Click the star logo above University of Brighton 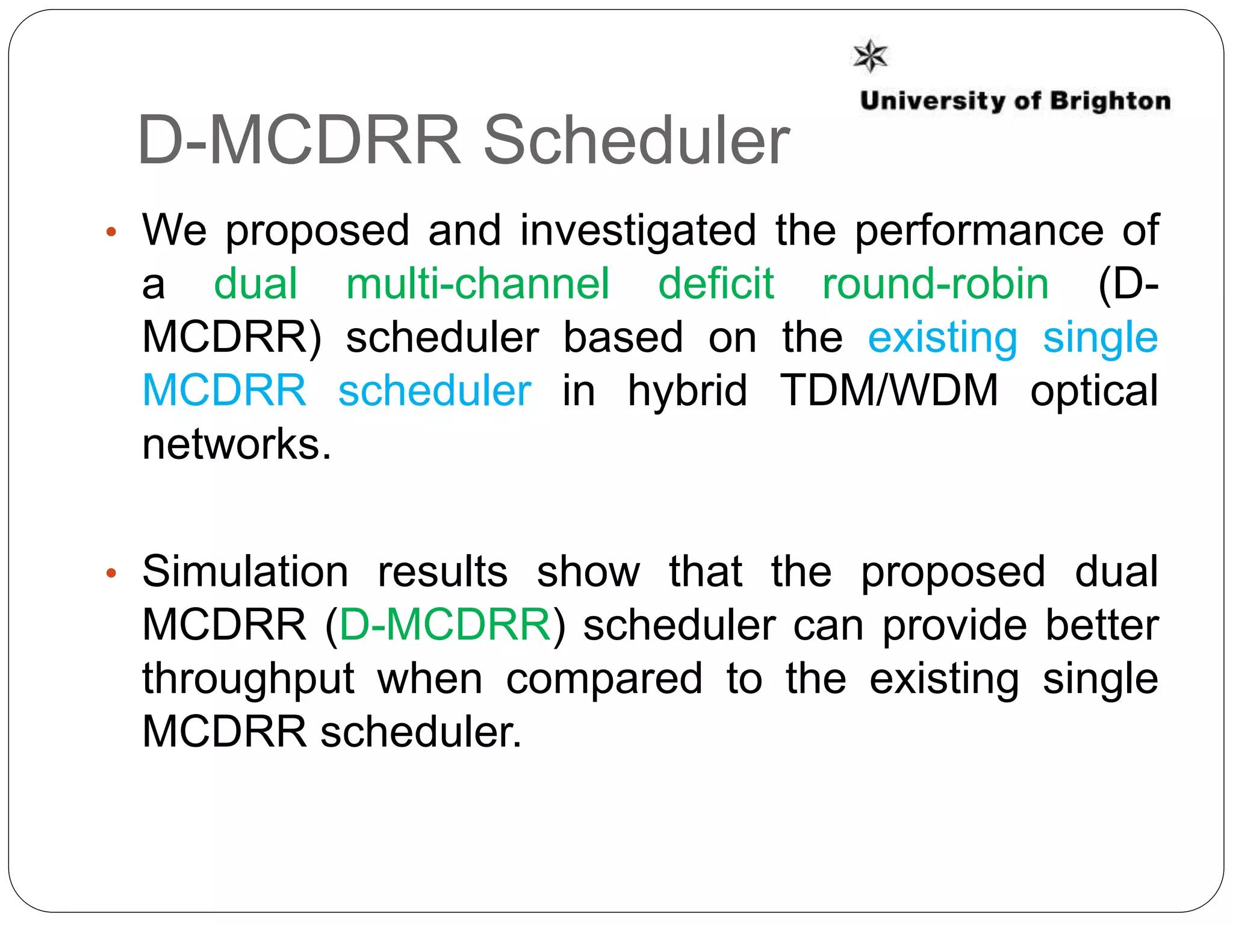pos(871,56)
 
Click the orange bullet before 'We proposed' pos(111,232)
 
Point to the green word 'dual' pos(256,284)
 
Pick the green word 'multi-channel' pos(478,284)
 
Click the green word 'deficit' pos(716,284)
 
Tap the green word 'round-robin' pos(936,284)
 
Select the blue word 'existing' pos(942,338)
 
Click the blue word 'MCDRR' pos(225,391)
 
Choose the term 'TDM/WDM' pos(889,391)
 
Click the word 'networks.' pos(237,444)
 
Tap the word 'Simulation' pos(245,572)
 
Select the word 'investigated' pos(638,231)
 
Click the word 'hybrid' pos(687,391)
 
